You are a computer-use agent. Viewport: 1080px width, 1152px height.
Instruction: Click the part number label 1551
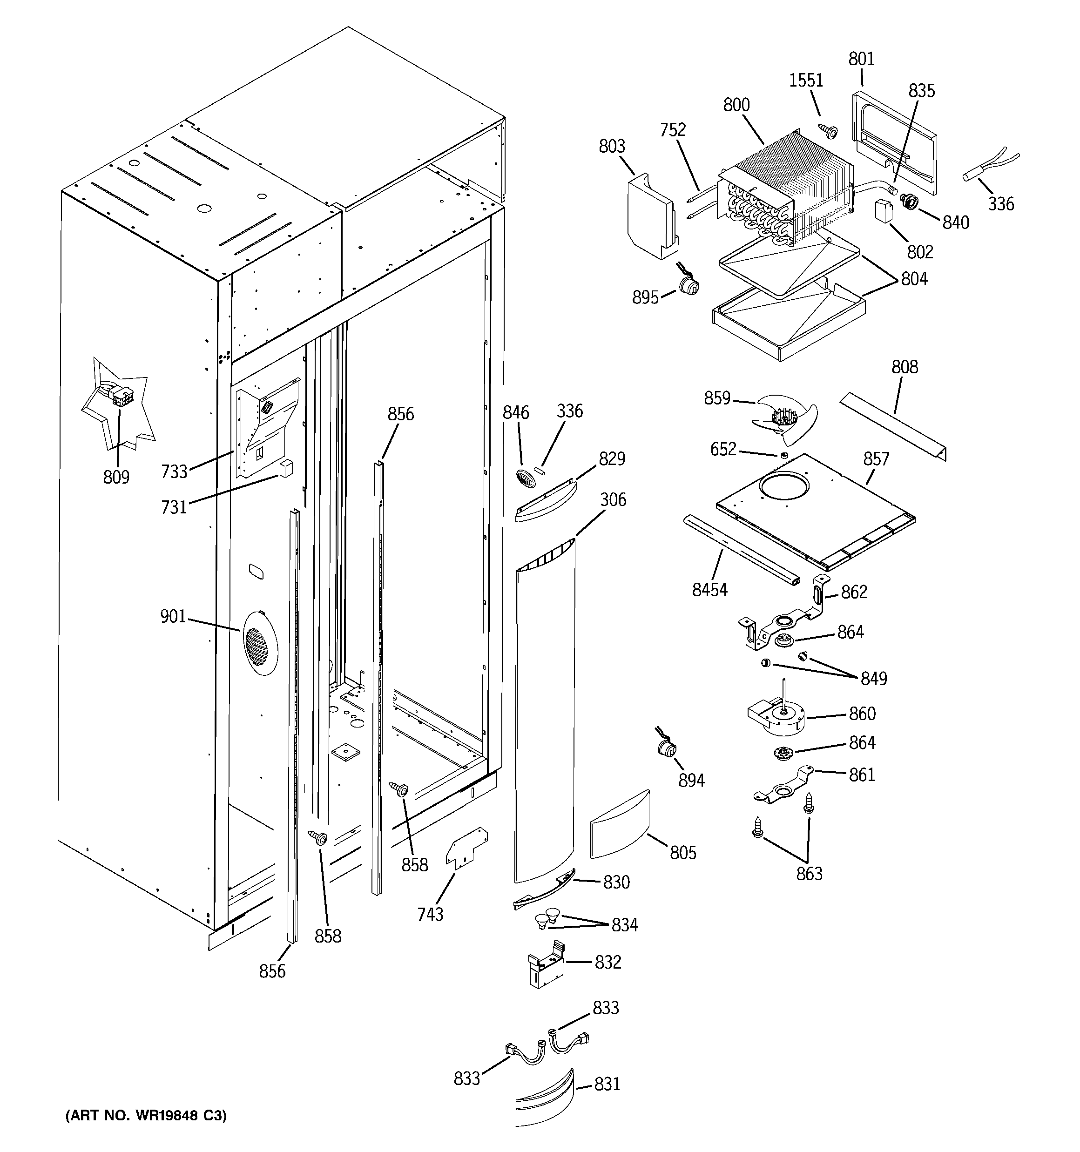pos(806,80)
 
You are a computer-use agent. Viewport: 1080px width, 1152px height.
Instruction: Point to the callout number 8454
pos(709,590)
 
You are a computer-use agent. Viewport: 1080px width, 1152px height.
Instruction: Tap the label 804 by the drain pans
pos(914,279)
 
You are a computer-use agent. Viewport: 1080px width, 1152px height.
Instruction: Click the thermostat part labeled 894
pos(666,750)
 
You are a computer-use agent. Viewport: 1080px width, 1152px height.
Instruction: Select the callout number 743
pos(430,914)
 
